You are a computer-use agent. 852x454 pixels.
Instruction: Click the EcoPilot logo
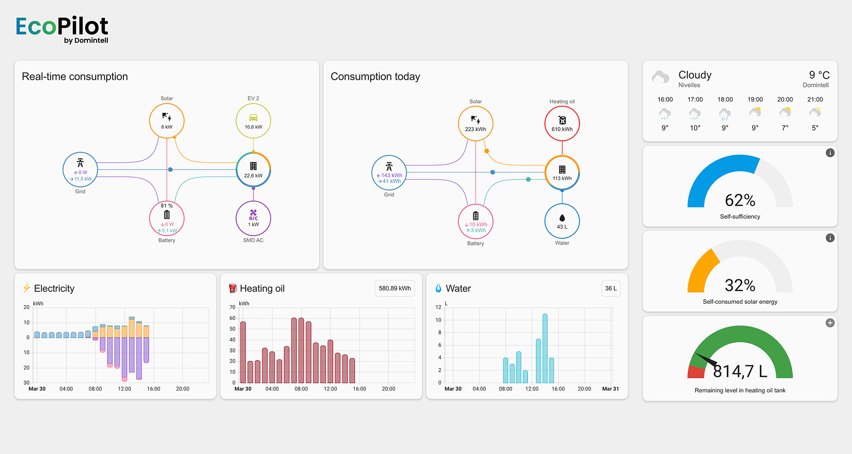[x=62, y=29]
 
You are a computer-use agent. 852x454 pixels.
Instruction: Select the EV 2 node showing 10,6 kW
[x=253, y=121]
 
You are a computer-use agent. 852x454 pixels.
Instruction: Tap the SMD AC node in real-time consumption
[x=253, y=218]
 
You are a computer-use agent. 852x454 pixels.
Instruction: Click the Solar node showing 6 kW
[x=167, y=121]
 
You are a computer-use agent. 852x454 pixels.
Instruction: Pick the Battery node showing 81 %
[x=167, y=218]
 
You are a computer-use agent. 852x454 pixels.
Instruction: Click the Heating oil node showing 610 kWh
[x=562, y=123]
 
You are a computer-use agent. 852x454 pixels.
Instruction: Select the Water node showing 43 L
[x=562, y=221]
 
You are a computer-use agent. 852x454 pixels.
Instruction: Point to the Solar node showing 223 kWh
[x=476, y=123]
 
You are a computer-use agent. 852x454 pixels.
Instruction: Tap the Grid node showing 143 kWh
[x=389, y=172]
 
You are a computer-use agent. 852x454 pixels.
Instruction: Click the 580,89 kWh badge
[x=394, y=288]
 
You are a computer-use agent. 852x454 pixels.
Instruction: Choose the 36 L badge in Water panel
[x=611, y=288]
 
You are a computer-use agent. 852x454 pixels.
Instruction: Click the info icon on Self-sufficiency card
[x=830, y=153]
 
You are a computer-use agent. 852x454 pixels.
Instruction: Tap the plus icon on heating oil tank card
[x=830, y=323]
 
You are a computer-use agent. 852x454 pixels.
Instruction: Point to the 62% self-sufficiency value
[x=740, y=200]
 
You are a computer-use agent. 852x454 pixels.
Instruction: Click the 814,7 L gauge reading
[x=740, y=371]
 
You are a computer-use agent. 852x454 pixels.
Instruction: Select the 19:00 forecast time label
[x=755, y=100]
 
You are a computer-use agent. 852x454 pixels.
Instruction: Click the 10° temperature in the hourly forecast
[x=695, y=128]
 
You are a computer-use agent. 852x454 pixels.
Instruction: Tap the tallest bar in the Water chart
[x=545, y=348]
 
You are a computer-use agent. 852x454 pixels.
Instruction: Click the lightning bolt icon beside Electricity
[x=27, y=288]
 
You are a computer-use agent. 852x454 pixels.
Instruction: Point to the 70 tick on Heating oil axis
[x=233, y=307]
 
